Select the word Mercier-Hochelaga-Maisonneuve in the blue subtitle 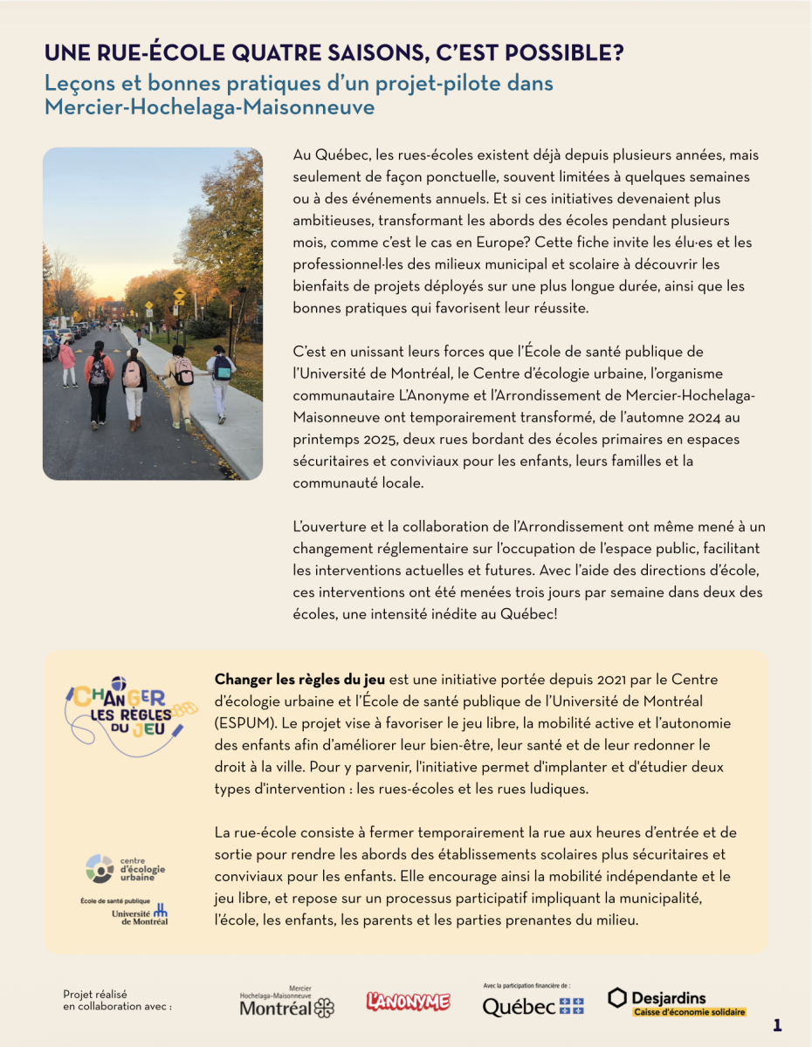tap(210, 107)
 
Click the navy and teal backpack tap(223, 368)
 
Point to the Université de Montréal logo tap(140, 914)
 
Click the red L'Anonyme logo tap(408, 1003)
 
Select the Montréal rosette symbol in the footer tap(324, 1009)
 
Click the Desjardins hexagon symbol tap(617, 997)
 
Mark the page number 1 tap(777, 1026)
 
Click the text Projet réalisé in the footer tap(95, 993)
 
